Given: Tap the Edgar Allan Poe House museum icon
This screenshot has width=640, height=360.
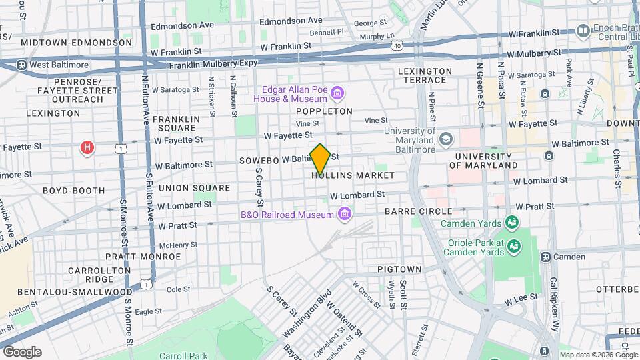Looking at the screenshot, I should click(x=338, y=93).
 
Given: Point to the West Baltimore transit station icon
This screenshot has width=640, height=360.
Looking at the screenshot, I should click(x=21, y=65).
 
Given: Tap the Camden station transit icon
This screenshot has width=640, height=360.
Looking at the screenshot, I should click(x=545, y=257).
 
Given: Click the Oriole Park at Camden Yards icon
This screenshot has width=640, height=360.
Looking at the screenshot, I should click(x=513, y=247).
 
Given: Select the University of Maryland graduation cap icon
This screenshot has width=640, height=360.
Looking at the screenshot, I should click(x=446, y=139).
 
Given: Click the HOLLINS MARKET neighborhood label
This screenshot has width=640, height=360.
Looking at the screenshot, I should click(x=353, y=175).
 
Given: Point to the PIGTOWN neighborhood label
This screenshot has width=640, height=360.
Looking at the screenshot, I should click(x=399, y=269).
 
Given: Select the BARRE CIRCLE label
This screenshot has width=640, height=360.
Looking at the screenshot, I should click(x=418, y=211).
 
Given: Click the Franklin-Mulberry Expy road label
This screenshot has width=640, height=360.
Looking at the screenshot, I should click(x=213, y=65).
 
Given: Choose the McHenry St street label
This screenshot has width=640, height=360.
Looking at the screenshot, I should click(x=179, y=245).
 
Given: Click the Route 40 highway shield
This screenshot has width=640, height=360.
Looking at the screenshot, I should click(x=397, y=46).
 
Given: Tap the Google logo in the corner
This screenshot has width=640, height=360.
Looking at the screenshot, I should click(x=22, y=351).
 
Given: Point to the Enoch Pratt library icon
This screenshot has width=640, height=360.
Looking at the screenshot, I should click(x=583, y=31).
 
